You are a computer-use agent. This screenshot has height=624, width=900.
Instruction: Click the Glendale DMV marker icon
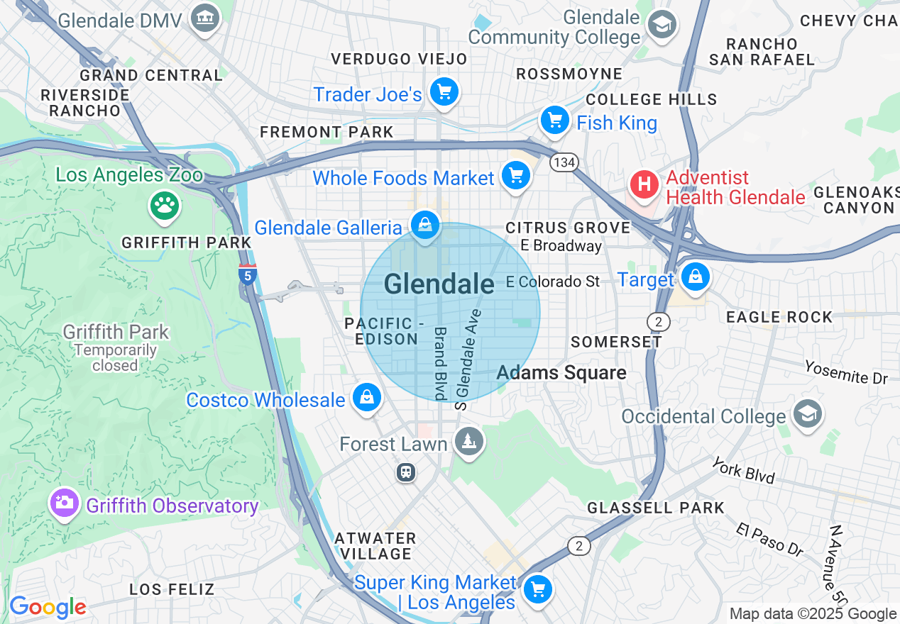point(206,18)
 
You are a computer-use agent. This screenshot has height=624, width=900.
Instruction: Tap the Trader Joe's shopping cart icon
point(444,91)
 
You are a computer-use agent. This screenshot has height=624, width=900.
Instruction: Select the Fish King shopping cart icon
point(555,120)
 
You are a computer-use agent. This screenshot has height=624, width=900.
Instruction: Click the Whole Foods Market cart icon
point(515,175)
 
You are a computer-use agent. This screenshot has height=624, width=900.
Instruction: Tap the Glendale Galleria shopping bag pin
point(424,225)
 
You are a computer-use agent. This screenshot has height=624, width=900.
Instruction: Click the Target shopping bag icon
point(695,277)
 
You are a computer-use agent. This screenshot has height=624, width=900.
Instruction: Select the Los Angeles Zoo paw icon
point(165,206)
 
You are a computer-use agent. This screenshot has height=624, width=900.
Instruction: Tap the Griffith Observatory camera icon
point(64,503)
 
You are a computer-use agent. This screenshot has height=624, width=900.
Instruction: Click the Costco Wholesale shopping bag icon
point(367,397)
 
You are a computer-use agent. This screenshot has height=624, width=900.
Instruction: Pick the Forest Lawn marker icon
point(468,442)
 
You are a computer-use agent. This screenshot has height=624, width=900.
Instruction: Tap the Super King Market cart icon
point(537,589)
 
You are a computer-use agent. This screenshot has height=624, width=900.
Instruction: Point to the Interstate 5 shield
point(247,274)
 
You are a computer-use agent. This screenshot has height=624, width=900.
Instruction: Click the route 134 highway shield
point(564,162)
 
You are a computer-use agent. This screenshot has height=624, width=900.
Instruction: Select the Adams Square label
point(561,373)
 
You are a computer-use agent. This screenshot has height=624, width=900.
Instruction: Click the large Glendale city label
point(439,284)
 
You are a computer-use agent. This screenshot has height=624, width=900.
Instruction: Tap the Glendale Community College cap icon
point(663,25)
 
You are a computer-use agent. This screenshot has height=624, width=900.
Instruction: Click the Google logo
point(47,607)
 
